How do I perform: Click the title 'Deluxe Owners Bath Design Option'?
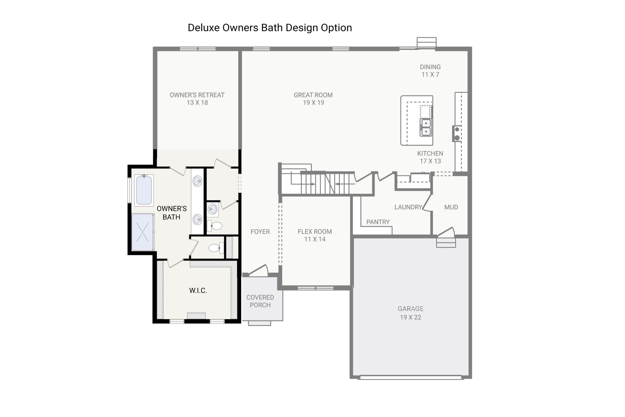coord(270,28)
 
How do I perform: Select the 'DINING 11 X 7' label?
coord(430,71)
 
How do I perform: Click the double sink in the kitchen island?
coord(426,127)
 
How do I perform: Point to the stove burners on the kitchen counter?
coord(457,133)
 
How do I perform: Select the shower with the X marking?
coord(143,232)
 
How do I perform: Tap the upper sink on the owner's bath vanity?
coord(197,181)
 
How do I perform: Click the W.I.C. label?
coord(198,290)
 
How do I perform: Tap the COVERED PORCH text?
coord(260,301)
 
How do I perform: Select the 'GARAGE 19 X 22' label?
coord(410,313)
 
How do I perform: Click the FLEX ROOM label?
coord(315,235)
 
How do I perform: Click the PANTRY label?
coord(378,222)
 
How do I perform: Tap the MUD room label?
coord(451,207)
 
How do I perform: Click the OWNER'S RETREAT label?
coord(197,99)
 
